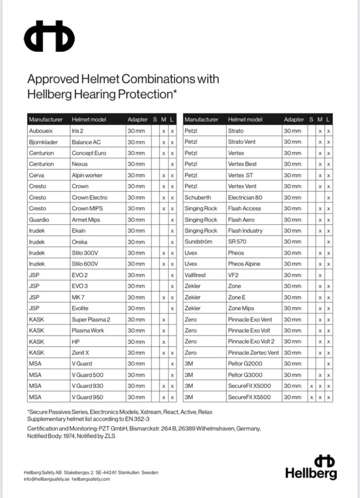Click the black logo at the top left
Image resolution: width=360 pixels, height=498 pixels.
(49, 36)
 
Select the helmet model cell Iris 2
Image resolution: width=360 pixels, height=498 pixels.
(78, 131)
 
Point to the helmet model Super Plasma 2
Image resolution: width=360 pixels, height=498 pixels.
(91, 319)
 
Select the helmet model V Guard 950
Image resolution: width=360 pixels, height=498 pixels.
(88, 397)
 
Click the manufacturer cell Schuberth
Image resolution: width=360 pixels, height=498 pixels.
(198, 197)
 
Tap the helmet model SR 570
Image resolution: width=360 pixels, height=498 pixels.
(238, 242)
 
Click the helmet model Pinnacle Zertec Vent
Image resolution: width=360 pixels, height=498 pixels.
(253, 353)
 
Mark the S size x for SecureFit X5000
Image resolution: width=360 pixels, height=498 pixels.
(312, 386)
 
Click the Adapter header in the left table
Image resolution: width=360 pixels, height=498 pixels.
(137, 120)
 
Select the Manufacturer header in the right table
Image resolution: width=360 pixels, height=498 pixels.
(201, 120)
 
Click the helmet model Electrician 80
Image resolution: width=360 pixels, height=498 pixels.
(245, 197)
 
